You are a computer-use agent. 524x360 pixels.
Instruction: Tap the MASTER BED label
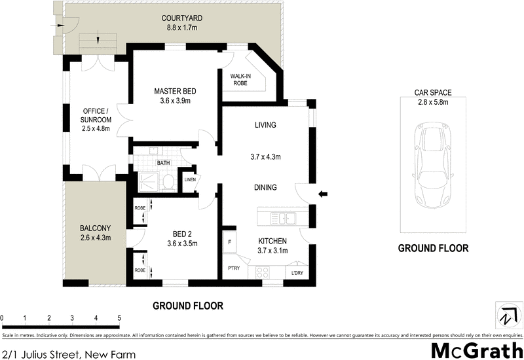click(x=175, y=91)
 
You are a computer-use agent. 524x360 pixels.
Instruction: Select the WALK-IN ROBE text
click(x=240, y=80)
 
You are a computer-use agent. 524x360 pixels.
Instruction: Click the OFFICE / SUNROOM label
click(x=96, y=115)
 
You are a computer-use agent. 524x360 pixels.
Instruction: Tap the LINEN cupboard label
click(x=189, y=181)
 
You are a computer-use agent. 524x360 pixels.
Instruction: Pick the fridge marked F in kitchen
click(x=230, y=241)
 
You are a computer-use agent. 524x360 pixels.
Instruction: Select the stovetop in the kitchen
click(x=265, y=272)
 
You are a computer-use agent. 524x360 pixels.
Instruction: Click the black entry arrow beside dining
click(x=322, y=193)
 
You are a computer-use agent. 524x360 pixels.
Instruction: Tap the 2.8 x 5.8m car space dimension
click(x=433, y=102)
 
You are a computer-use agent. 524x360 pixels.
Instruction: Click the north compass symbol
click(x=506, y=315)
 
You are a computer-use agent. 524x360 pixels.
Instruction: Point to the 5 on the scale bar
click(x=119, y=318)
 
